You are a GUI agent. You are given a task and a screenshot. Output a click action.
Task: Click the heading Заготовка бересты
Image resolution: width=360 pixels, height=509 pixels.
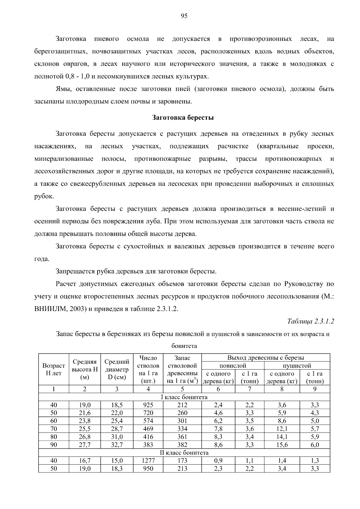183,118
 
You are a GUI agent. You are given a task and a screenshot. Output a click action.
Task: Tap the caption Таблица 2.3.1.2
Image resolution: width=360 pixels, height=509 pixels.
310,321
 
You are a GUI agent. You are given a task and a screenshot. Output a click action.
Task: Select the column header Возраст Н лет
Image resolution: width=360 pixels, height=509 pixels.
54,369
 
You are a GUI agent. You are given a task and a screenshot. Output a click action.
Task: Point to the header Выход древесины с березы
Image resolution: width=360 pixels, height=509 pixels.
265,358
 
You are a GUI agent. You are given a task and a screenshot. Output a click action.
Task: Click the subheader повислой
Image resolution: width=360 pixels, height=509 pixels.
233,366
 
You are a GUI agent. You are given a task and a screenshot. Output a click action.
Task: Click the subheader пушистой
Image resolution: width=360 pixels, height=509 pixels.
297,366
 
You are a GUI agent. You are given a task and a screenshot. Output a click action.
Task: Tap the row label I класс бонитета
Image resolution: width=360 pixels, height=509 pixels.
184,397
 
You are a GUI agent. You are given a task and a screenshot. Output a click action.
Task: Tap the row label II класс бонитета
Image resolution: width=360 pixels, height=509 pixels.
184,453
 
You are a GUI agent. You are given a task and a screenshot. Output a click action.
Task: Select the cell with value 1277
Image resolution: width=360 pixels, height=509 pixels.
148,461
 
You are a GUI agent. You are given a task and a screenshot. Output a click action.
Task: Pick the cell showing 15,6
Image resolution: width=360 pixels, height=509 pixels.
282,445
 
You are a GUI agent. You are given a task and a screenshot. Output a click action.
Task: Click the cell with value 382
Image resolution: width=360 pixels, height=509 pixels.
182,445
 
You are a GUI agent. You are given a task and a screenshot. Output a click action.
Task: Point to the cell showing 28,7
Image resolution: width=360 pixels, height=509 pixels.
117,429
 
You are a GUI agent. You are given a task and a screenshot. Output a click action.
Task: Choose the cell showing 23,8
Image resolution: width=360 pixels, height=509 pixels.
85,421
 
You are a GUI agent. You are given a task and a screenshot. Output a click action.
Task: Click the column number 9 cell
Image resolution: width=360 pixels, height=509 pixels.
315,389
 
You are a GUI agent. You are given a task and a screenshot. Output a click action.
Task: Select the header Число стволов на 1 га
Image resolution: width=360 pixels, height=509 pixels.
148,369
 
